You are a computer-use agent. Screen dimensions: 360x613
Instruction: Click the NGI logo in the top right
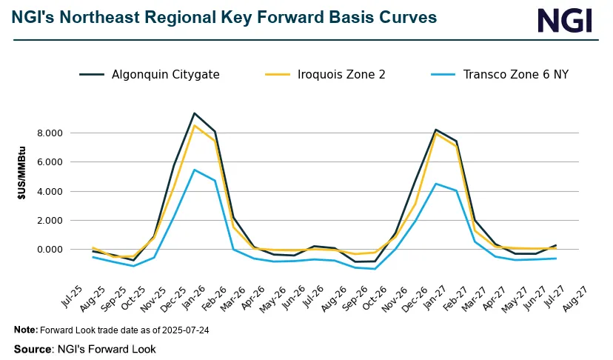(x=565, y=20)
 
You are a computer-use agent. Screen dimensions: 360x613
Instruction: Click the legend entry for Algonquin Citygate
(x=165, y=74)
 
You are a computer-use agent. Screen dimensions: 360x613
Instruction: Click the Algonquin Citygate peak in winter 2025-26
(x=194, y=113)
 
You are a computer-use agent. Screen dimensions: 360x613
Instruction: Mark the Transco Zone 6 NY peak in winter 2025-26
(x=194, y=170)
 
